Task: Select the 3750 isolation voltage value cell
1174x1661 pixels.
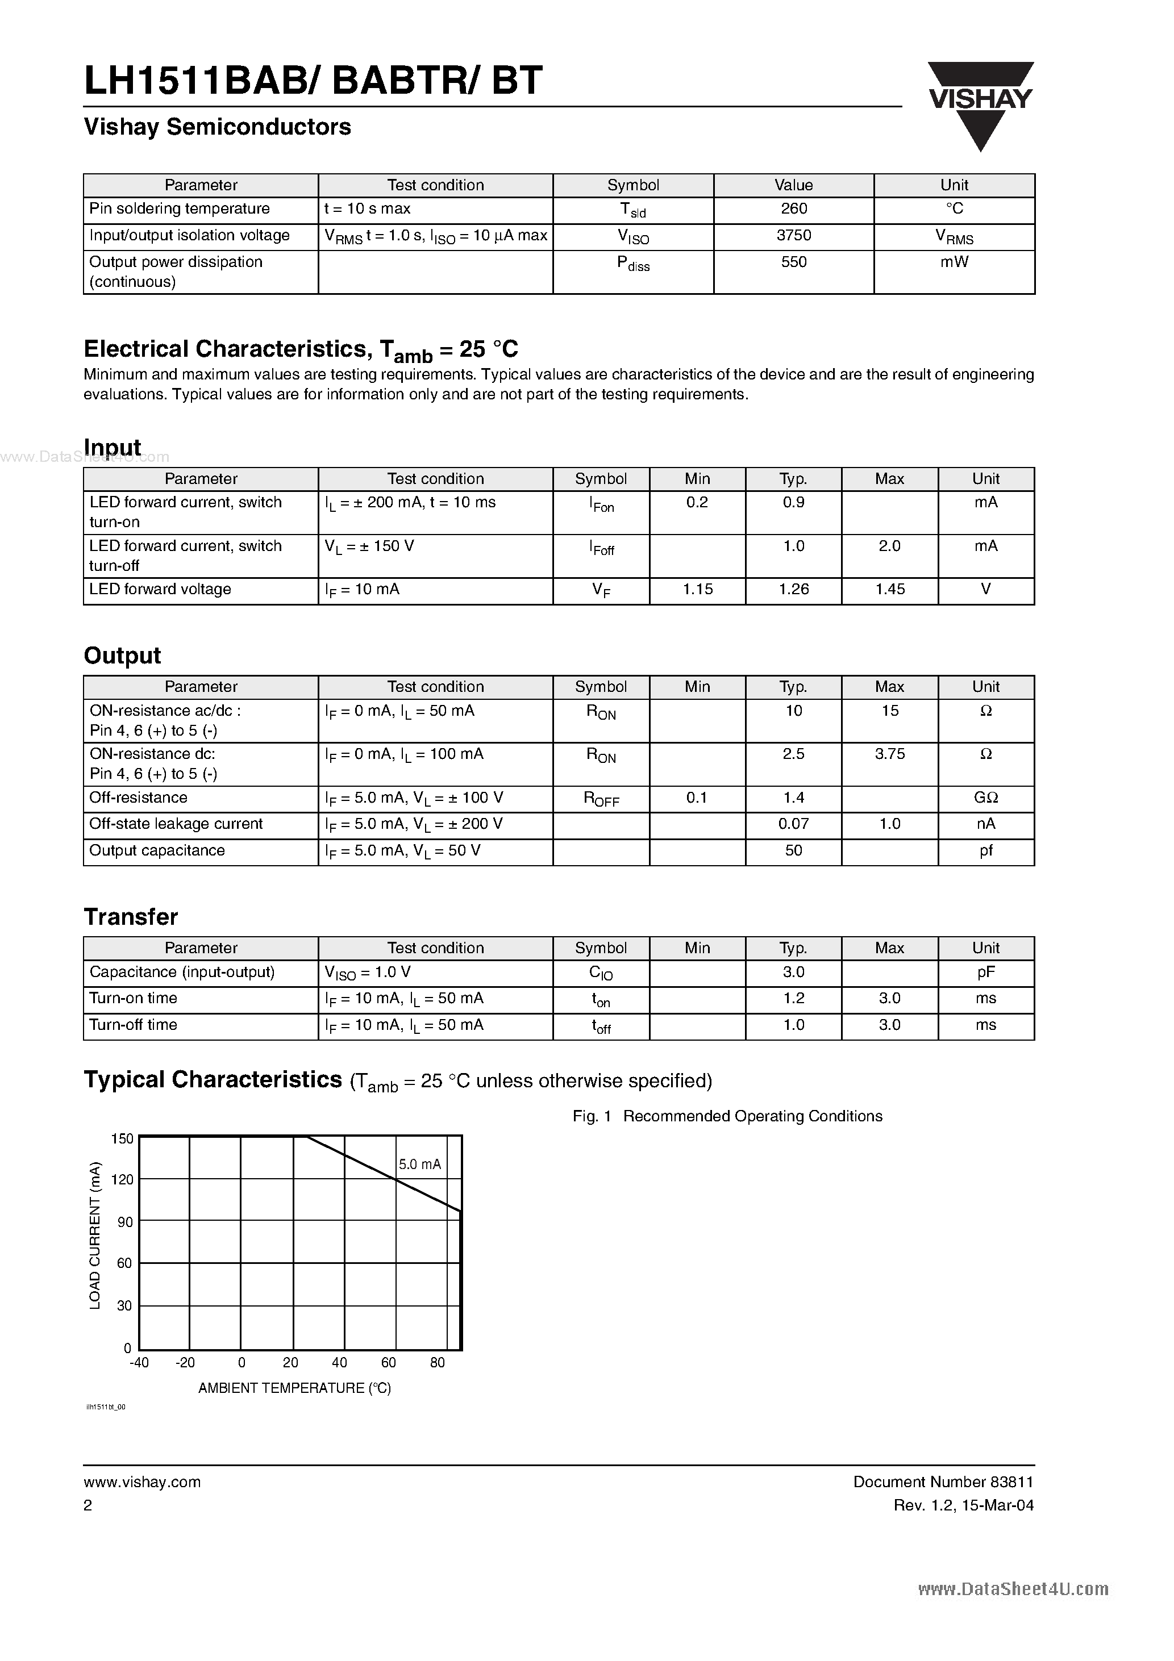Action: (x=793, y=236)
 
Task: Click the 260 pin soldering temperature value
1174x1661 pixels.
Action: (x=793, y=208)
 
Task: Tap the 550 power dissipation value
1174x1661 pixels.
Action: (x=793, y=262)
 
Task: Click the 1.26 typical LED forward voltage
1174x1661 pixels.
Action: (x=793, y=590)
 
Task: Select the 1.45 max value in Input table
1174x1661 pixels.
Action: (x=889, y=590)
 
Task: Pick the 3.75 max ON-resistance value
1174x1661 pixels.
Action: (x=889, y=754)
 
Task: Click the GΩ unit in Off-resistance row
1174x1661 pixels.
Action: (x=985, y=798)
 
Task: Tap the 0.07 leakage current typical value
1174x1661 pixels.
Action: (x=793, y=824)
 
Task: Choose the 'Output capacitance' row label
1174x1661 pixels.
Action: (x=157, y=851)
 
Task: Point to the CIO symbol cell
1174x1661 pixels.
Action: (x=601, y=973)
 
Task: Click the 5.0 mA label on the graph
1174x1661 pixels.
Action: (x=420, y=1165)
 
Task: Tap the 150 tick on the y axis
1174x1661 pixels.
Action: (x=122, y=1139)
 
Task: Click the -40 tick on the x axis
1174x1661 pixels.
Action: (x=139, y=1363)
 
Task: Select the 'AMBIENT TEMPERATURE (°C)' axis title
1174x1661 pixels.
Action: (x=294, y=1388)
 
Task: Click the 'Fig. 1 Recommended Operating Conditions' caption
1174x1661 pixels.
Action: (x=727, y=1116)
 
